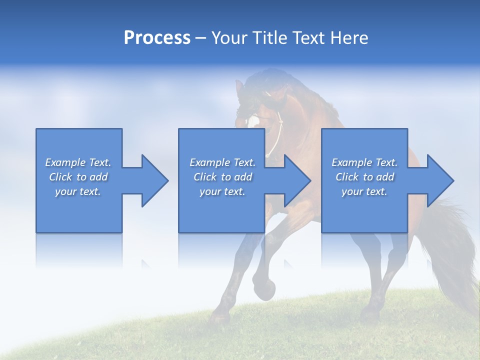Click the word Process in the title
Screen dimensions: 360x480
click(x=157, y=38)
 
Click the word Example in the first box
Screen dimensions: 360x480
click(x=65, y=162)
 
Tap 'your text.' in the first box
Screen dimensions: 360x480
click(x=78, y=191)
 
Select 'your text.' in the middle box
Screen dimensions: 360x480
click(x=222, y=191)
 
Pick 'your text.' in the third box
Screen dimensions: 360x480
click(x=364, y=191)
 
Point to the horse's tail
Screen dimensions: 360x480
click(x=452, y=250)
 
